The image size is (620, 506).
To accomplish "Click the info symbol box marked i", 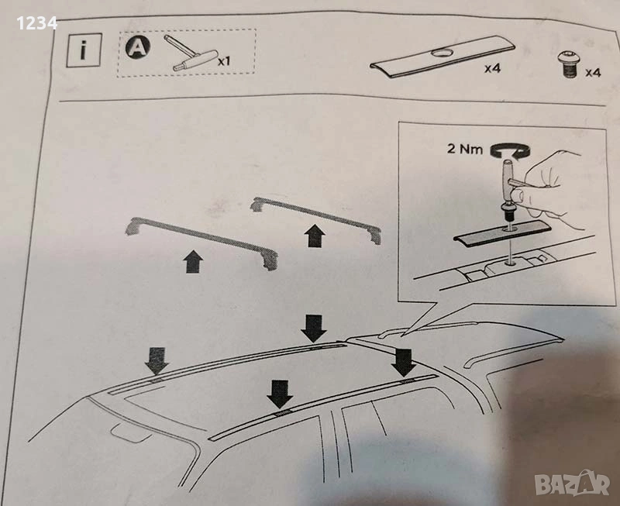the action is point(84,50).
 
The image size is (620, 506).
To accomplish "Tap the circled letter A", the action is point(138,48).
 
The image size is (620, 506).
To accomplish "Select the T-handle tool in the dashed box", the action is point(191,53).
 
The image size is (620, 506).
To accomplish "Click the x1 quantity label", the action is point(224,61).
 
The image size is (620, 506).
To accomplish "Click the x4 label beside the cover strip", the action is point(493,68).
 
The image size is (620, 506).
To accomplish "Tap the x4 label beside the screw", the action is point(593,72).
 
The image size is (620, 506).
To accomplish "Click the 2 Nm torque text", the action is point(465,149).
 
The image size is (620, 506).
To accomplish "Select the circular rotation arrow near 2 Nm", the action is point(510,150).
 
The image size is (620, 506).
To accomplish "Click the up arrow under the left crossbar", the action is point(193,261).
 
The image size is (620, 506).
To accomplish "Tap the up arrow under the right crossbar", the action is point(315,236).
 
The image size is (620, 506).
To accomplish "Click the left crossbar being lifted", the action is point(201,239).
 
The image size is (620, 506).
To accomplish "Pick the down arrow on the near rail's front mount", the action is point(280,394).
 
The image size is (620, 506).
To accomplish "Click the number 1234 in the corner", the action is point(36,24).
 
